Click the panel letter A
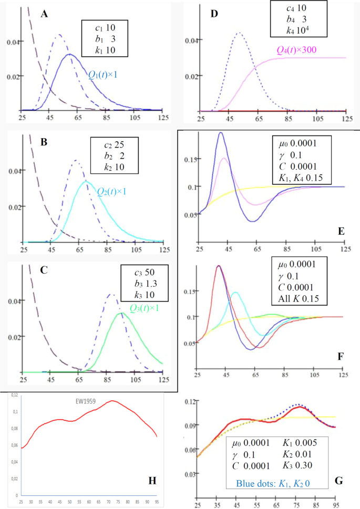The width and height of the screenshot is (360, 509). pos(45,14)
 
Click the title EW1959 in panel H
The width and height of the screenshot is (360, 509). pos(83,400)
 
